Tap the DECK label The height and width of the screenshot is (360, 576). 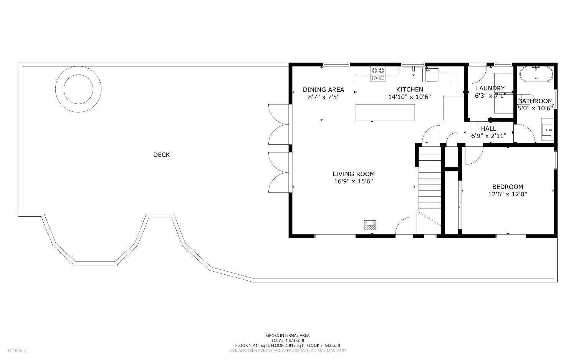161,155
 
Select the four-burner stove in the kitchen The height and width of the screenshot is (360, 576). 378,74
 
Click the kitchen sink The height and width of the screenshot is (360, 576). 413,73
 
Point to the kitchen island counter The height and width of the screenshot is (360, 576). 385,113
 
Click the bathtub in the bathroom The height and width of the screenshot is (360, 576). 536,74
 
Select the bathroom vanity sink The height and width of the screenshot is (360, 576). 547,130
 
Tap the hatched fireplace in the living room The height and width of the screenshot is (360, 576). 370,225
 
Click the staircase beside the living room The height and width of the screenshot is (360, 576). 429,181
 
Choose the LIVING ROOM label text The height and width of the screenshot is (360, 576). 353,174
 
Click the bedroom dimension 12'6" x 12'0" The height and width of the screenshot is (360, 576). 507,194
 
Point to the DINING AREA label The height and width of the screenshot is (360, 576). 323,90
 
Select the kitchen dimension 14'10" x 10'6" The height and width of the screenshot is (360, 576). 409,97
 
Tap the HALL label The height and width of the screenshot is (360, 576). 488,128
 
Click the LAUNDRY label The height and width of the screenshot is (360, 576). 490,88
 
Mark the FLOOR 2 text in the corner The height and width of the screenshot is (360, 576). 17,350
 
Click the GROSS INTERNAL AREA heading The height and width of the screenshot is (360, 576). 288,335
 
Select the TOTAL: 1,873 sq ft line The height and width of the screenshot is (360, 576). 288,340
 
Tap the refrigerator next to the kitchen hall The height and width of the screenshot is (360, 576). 453,108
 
